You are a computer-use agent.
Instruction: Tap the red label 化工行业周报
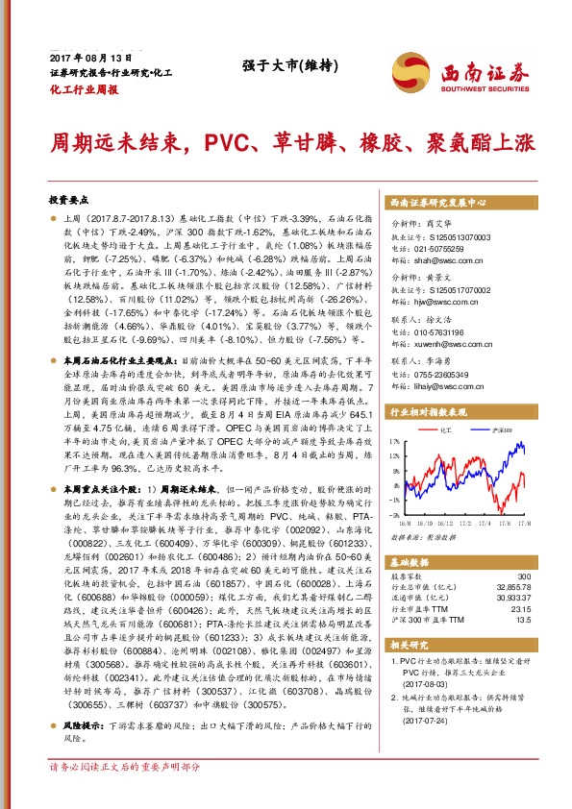83,88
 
